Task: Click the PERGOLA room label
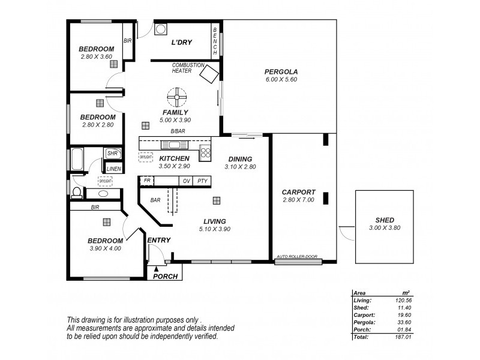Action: point(281,72)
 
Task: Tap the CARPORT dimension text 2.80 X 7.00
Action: point(298,200)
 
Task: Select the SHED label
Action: point(385,220)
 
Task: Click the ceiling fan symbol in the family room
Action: point(177,96)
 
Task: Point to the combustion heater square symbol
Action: point(209,75)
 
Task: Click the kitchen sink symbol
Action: point(175,145)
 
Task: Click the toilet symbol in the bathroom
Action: point(76,193)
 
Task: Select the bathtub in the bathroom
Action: point(77,160)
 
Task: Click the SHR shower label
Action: point(112,154)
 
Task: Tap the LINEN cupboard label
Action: point(113,169)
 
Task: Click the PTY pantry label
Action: point(203,181)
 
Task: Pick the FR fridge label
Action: point(146,180)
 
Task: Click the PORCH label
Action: point(165,277)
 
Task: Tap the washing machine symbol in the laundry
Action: point(161,29)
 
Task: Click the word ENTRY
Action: point(158,240)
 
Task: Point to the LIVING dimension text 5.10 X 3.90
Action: point(215,229)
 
